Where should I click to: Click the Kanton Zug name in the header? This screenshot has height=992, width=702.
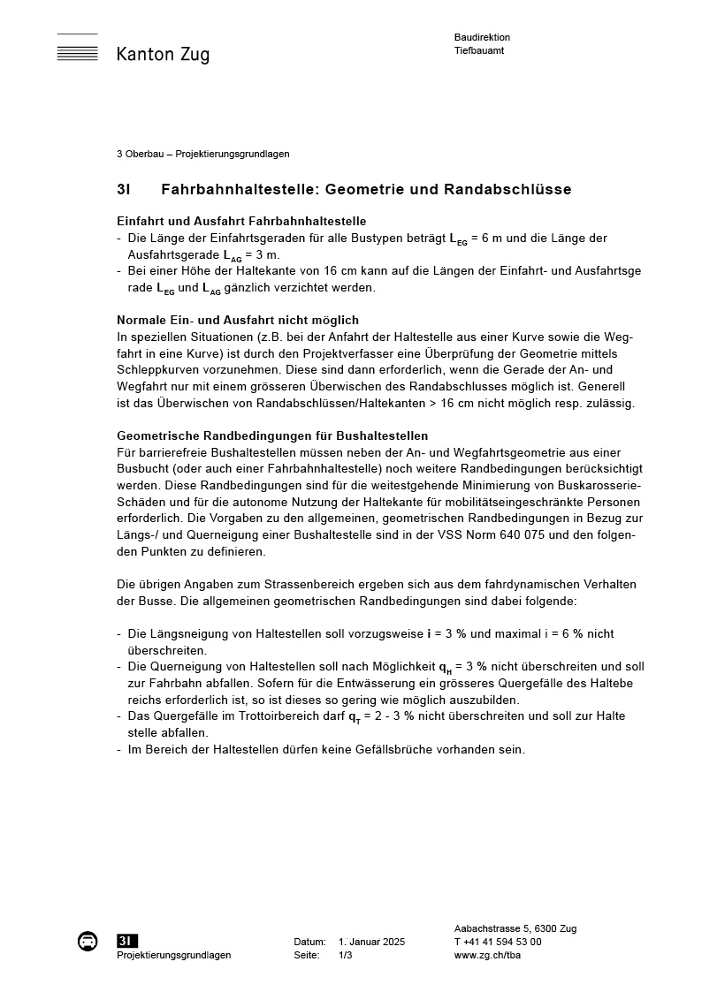[163, 55]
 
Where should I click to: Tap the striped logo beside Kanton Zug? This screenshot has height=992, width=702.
[77, 49]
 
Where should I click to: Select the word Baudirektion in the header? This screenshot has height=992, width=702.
[482, 38]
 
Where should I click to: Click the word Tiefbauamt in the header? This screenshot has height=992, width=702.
[479, 50]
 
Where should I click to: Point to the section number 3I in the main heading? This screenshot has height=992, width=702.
[124, 190]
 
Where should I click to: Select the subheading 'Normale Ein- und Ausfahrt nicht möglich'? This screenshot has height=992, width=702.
[238, 320]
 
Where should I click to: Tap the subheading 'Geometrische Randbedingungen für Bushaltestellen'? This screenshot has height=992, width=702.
[272, 436]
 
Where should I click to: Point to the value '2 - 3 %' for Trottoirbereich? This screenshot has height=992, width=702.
[385, 716]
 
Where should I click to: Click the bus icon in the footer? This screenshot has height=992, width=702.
[88, 942]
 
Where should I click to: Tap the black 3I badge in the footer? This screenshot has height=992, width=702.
[126, 942]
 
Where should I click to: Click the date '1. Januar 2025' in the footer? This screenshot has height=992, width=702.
[371, 942]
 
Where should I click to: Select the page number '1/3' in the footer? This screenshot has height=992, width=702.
[346, 955]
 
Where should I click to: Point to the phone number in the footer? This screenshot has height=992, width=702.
[498, 942]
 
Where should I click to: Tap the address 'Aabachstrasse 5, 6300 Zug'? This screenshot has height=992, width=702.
[515, 928]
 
